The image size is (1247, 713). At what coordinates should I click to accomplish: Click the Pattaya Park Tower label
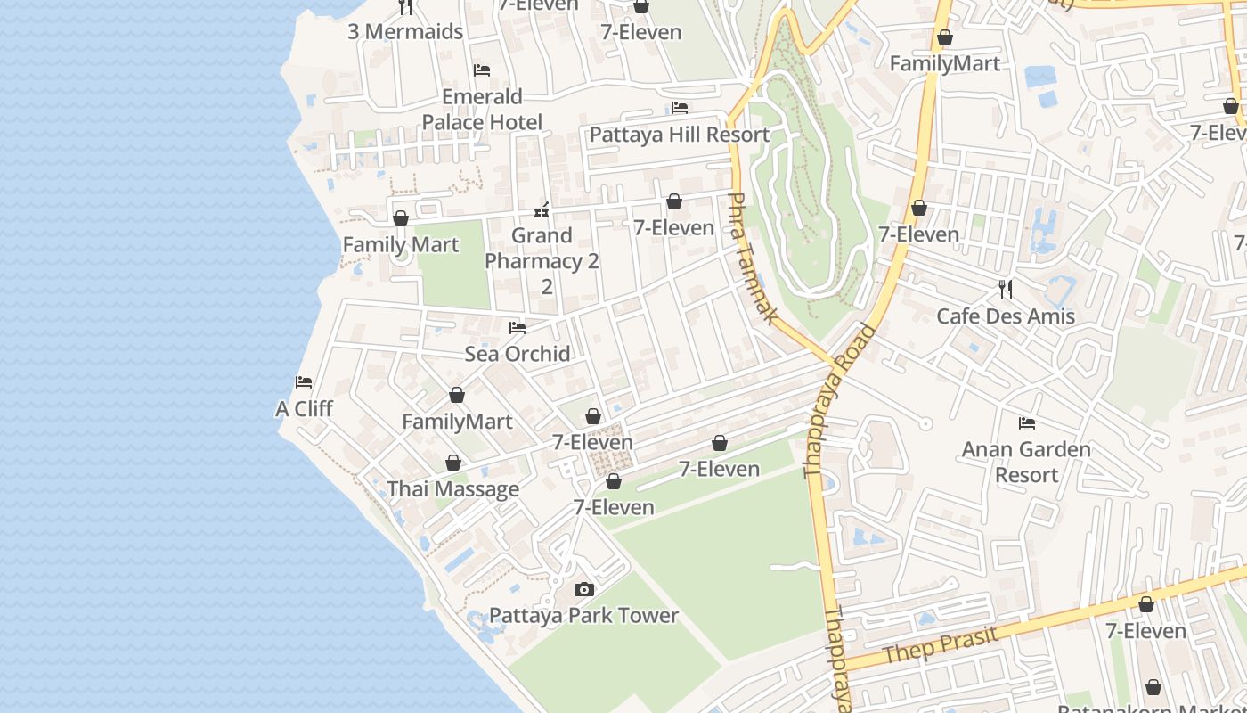coord(583,615)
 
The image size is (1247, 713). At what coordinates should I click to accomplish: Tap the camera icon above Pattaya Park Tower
coord(583,589)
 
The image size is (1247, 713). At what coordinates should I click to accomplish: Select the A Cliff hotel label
coord(304,408)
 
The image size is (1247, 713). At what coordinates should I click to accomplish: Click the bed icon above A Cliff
coord(304,382)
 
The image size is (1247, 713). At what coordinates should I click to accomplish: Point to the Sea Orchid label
coord(518,353)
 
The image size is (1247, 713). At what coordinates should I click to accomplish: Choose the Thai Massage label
coord(452,488)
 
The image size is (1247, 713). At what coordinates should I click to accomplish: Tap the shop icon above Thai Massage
coord(452,463)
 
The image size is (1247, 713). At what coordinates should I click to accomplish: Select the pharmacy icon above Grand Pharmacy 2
coord(542,210)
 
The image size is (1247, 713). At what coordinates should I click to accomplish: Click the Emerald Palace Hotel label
coord(482,109)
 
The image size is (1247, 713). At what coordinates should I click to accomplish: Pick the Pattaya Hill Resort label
coord(679,135)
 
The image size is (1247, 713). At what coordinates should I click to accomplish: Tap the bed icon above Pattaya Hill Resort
coord(679,108)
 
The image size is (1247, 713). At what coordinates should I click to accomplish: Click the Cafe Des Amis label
coord(1006,316)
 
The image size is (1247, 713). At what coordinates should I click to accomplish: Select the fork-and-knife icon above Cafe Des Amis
coord(1006,289)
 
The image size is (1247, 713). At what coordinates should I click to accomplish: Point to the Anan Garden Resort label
coord(1026,462)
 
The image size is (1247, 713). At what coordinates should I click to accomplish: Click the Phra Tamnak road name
coord(754,258)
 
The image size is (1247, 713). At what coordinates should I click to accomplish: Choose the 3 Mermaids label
coord(405,31)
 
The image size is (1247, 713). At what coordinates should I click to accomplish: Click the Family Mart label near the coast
coord(401,244)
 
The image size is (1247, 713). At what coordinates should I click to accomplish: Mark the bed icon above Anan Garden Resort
coord(1026,422)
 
